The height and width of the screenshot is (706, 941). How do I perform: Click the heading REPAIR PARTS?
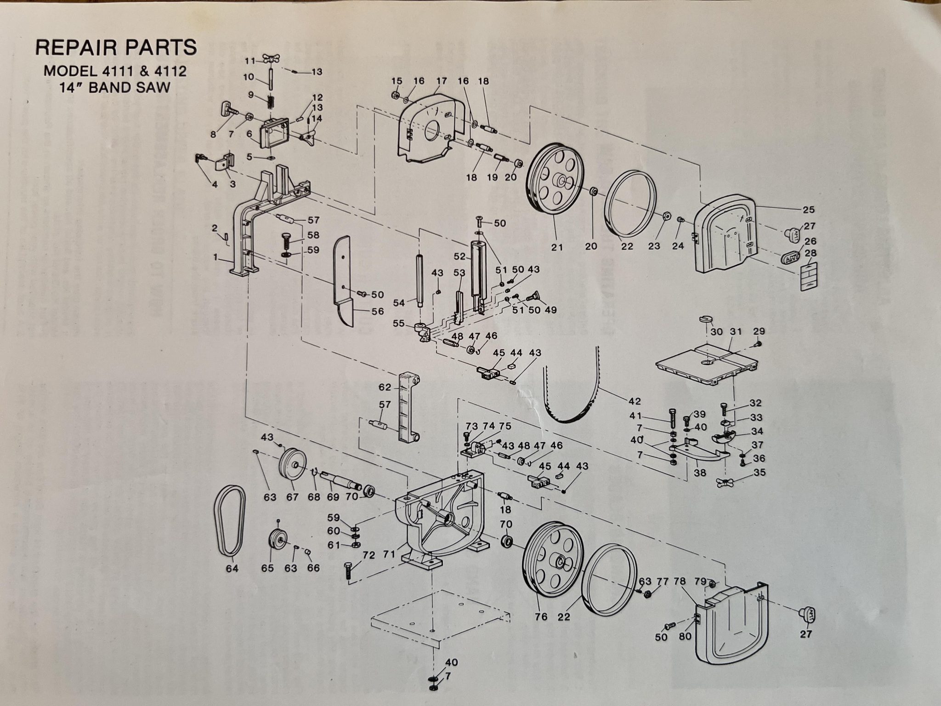coord(116,47)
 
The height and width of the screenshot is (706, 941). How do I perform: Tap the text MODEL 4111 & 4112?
coord(116,72)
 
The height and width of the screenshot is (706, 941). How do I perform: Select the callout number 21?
coord(557,247)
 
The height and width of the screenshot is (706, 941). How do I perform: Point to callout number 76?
coord(541,616)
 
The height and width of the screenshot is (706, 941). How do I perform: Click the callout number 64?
coord(232,569)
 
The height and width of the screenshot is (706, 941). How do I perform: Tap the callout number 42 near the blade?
coord(635,401)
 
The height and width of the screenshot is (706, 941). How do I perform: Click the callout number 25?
coord(809,210)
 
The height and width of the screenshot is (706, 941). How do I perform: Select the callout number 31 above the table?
coord(736,331)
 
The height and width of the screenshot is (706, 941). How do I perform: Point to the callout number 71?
coord(390,554)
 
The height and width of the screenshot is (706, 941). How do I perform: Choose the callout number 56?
coord(378,311)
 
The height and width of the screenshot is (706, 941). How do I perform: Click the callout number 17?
coord(442,81)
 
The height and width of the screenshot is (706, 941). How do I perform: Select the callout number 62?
coord(385,387)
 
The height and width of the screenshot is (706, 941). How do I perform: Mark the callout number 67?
coord(292,497)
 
